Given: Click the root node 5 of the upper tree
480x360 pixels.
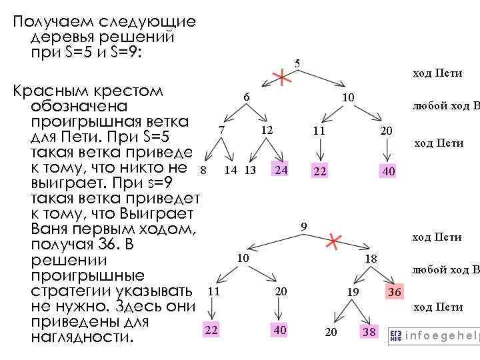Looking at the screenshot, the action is pyautogui.click(x=297, y=64).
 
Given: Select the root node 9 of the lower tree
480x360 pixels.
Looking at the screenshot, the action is pyautogui.click(x=303, y=227).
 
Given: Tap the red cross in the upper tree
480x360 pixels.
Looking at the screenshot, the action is pyautogui.click(x=283, y=79).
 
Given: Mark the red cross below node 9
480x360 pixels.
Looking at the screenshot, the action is pyautogui.click(x=333, y=241).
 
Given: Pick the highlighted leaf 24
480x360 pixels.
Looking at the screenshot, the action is pyautogui.click(x=281, y=170).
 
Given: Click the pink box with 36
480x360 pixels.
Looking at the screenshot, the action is pyautogui.click(x=395, y=292).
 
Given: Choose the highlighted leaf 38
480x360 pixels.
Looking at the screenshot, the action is pyautogui.click(x=369, y=331).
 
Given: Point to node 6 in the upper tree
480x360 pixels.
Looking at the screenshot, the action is pyautogui.click(x=246, y=97).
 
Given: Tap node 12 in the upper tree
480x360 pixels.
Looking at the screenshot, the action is pyautogui.click(x=267, y=129).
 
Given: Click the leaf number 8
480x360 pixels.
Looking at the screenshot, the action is pyautogui.click(x=203, y=170).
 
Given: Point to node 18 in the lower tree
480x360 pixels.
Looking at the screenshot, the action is pyautogui.click(x=371, y=259).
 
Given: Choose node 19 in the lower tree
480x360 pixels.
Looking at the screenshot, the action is pyautogui.click(x=353, y=292).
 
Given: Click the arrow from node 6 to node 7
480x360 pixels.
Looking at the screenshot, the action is pyautogui.click(x=233, y=114).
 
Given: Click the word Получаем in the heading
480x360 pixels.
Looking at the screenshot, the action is pyautogui.click(x=47, y=22).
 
